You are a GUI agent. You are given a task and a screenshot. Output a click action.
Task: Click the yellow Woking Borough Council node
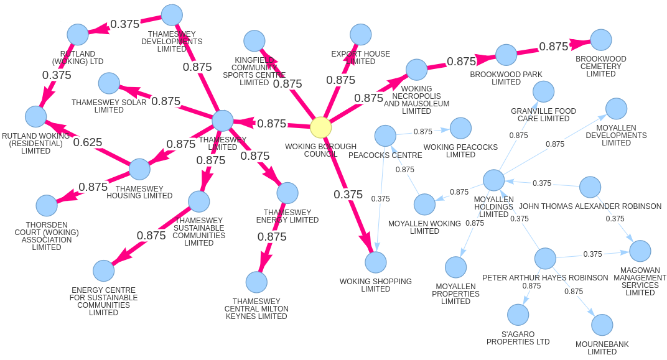click(320, 127)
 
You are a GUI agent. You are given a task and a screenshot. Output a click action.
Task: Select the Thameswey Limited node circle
click(223, 121)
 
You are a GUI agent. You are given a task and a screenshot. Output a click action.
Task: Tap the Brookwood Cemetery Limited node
click(601, 40)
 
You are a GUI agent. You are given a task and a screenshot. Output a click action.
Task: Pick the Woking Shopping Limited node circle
click(376, 262)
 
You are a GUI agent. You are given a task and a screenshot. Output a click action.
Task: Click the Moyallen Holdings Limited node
click(494, 180)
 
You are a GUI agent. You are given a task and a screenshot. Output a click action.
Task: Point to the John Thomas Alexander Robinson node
click(590, 187)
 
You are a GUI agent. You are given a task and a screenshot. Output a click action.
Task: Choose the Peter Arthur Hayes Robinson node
click(545, 259)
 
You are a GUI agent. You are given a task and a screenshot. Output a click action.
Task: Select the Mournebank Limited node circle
click(602, 325)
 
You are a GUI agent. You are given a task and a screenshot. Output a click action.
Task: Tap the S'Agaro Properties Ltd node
click(518, 315)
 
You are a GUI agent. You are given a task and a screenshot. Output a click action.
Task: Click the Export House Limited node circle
click(361, 35)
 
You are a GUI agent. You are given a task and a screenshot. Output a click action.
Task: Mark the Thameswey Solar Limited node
click(109, 83)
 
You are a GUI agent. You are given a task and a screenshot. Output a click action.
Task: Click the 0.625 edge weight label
click(88, 142)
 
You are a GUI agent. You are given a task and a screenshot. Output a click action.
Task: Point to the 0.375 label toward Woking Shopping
click(348, 195)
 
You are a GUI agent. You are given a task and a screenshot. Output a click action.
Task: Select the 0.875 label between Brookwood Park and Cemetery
click(554, 47)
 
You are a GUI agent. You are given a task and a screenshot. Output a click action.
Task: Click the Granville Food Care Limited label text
click(543, 115)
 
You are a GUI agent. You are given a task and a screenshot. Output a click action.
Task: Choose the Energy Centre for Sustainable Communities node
click(104, 271)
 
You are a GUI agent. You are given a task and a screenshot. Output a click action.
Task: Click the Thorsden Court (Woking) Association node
click(47, 206)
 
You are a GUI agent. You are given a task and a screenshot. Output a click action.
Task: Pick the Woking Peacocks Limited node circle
click(460, 128)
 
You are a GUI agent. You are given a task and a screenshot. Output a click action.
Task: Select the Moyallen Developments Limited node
click(616, 109)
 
